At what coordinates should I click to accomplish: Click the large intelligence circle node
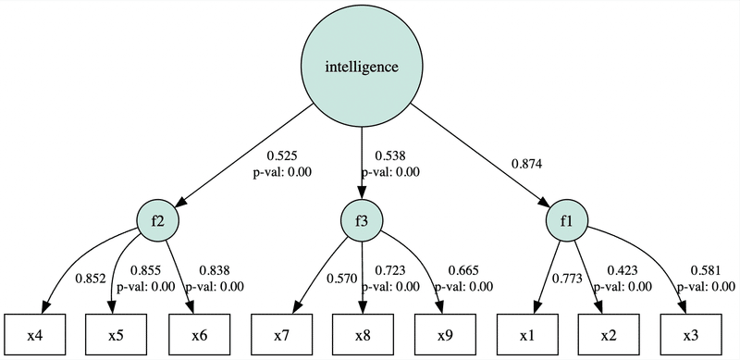pos(363,67)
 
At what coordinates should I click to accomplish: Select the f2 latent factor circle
pos(157,221)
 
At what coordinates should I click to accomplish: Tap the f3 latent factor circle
pos(363,221)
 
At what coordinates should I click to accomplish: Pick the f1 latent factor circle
pos(567,221)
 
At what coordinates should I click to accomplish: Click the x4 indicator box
pos(34,333)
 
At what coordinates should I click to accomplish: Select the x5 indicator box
pos(117,333)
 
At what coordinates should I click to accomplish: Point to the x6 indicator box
pos(199,333)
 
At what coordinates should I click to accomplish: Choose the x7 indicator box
pos(281,333)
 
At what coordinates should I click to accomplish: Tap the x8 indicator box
pos(363,333)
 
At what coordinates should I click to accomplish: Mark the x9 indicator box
pos(445,333)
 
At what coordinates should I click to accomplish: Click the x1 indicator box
pos(526,333)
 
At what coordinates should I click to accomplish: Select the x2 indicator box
pos(609,333)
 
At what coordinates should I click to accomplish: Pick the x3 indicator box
pos(690,333)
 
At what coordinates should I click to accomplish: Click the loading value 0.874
pos(527,164)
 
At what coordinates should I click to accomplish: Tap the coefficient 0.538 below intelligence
pos(388,156)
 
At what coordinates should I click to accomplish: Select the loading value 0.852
pos(91,279)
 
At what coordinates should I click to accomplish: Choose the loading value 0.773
pos(566,279)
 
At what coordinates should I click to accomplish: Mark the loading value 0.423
pos(622,271)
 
